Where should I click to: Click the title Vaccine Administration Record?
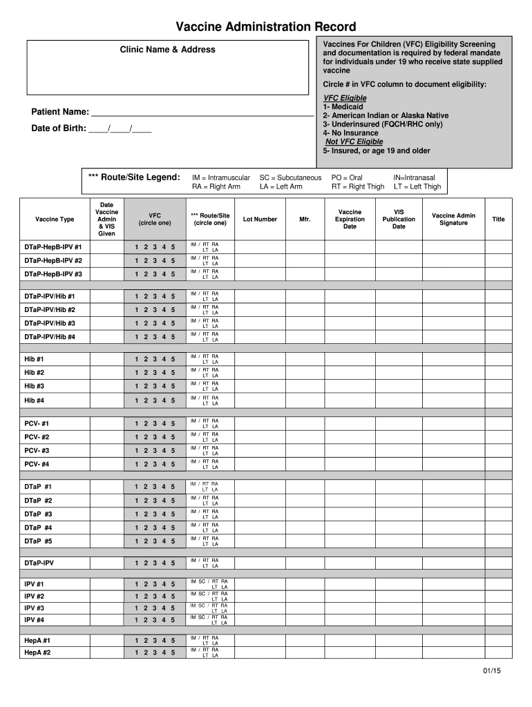tap(265, 27)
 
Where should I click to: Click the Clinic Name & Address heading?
tap(167, 50)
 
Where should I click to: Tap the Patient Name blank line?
tap(202, 113)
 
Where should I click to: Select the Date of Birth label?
tap(59, 128)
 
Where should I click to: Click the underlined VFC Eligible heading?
tap(345, 98)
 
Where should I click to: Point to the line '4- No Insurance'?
tap(350, 133)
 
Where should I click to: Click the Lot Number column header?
tap(260, 220)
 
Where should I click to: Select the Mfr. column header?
tap(305, 220)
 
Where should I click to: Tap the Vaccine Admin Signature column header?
tap(453, 220)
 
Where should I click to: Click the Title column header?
tap(498, 220)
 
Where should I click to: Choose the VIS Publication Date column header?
tap(399, 220)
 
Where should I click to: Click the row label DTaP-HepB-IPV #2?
tap(53, 261)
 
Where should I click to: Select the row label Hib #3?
tap(35, 387)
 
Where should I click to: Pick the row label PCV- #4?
tap(37, 465)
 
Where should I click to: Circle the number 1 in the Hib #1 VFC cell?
tap(137, 359)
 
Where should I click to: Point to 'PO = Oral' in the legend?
tap(347, 177)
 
